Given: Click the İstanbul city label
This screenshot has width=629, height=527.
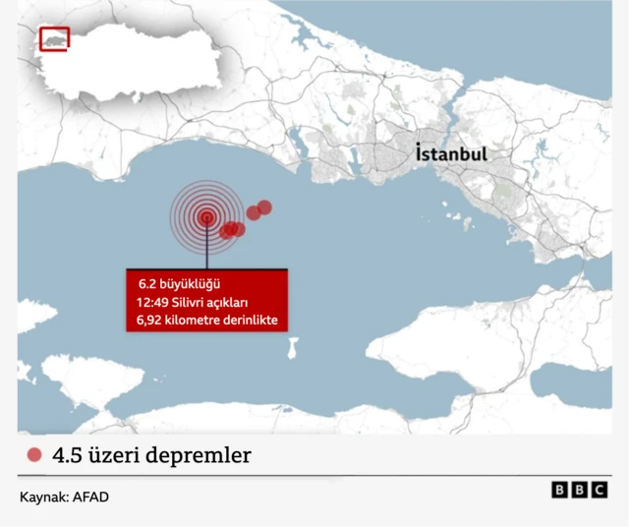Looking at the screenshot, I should [451, 155].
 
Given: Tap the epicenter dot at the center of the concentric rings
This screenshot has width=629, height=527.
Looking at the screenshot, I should [206, 218].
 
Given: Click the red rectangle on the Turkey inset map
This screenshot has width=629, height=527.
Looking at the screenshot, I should [54, 38].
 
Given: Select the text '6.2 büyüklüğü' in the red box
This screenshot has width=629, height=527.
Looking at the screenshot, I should [173, 283].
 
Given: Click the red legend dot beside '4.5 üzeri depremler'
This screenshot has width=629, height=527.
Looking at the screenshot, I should [35, 455].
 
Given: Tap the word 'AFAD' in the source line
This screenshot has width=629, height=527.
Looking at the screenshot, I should [89, 498].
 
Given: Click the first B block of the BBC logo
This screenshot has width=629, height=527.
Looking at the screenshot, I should [559, 490].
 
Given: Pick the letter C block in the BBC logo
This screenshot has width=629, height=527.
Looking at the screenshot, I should [600, 490].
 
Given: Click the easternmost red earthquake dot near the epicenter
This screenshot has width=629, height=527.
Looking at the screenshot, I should [264, 206].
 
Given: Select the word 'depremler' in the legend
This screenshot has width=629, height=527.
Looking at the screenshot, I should [206, 455].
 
